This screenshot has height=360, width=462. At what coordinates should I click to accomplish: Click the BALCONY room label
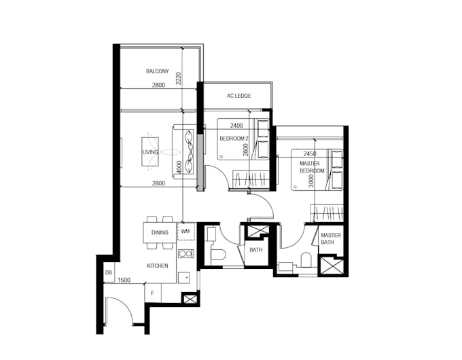(x=158, y=71)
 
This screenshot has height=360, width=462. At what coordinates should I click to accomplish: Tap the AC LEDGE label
(x=238, y=96)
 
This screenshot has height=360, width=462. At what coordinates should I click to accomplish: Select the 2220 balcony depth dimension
(x=178, y=79)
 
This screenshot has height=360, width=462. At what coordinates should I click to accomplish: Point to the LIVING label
(x=149, y=152)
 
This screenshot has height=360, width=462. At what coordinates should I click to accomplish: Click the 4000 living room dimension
(x=178, y=167)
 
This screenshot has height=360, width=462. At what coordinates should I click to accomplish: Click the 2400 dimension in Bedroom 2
(x=237, y=126)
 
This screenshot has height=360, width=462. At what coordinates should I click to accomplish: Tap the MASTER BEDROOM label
(x=313, y=167)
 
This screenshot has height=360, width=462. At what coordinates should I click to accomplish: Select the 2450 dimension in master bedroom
(x=310, y=154)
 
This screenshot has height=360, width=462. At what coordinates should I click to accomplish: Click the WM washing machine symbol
(x=185, y=232)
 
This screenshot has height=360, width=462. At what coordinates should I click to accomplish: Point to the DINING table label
(x=160, y=233)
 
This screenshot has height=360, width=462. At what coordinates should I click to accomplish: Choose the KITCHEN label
(x=158, y=266)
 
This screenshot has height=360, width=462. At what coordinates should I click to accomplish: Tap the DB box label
(x=108, y=273)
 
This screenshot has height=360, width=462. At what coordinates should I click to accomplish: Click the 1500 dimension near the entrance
(x=124, y=280)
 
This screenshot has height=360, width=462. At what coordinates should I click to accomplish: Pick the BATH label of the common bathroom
(x=255, y=250)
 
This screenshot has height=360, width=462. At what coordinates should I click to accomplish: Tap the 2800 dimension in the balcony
(x=158, y=86)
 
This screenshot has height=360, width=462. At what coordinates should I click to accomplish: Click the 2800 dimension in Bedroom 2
(x=245, y=149)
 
